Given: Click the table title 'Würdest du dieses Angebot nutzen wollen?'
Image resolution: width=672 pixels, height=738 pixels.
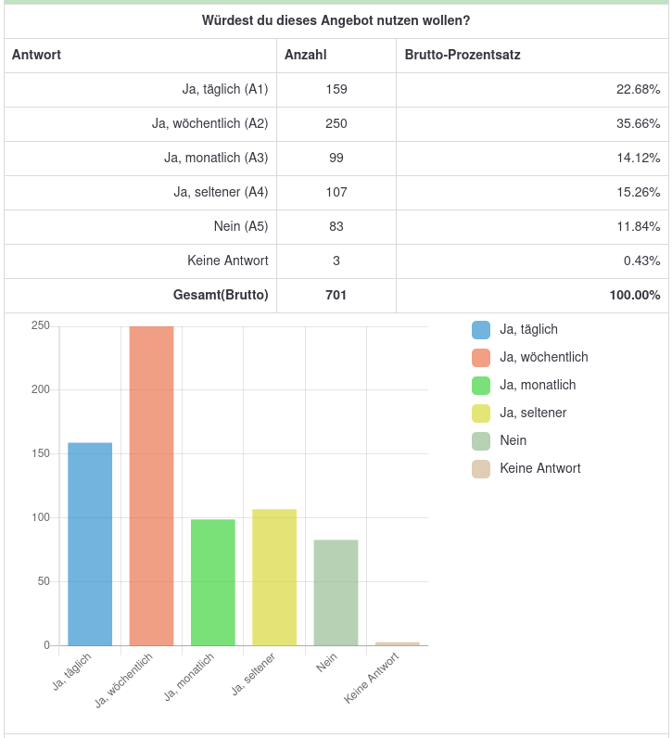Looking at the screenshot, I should click(x=336, y=20).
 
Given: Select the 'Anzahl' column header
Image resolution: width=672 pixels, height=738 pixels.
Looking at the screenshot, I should click(x=306, y=55).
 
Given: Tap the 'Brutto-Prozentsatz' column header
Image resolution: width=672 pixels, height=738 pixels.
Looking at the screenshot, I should click(x=463, y=55).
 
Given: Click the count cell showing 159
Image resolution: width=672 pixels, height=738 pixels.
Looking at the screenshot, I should click(x=336, y=89).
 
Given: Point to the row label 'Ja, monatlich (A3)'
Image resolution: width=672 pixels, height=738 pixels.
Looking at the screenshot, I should click(x=216, y=158).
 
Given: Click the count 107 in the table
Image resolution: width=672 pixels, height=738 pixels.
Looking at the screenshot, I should click(x=336, y=192).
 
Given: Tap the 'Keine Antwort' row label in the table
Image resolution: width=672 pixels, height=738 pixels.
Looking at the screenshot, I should click(x=228, y=261).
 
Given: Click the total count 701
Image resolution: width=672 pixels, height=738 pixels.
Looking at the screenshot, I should click(x=336, y=295).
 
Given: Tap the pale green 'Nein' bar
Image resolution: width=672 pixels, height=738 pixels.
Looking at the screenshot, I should click(x=336, y=592).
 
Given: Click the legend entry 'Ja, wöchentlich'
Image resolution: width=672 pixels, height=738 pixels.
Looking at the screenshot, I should click(x=543, y=357).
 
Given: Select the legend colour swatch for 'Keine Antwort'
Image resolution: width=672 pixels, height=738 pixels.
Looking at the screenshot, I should click(x=480, y=468).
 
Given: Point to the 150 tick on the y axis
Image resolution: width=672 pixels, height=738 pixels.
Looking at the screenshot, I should click(x=40, y=453).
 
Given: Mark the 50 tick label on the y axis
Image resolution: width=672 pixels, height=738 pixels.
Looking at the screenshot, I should click(x=43, y=581).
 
